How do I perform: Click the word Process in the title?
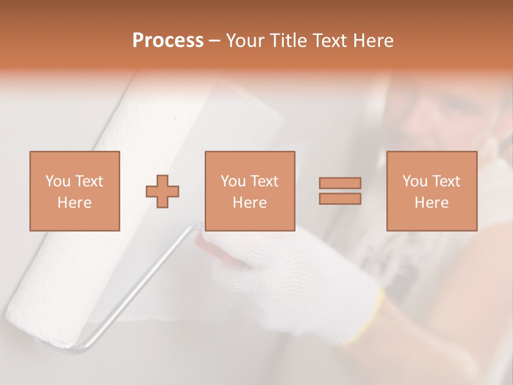(168, 41)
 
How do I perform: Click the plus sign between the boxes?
(162, 191)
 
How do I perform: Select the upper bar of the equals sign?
(340, 183)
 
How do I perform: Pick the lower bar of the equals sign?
(340, 198)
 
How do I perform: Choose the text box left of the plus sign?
(74, 191)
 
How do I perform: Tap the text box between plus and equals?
(250, 191)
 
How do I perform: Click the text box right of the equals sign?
(431, 191)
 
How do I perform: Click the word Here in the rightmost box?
(431, 203)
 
